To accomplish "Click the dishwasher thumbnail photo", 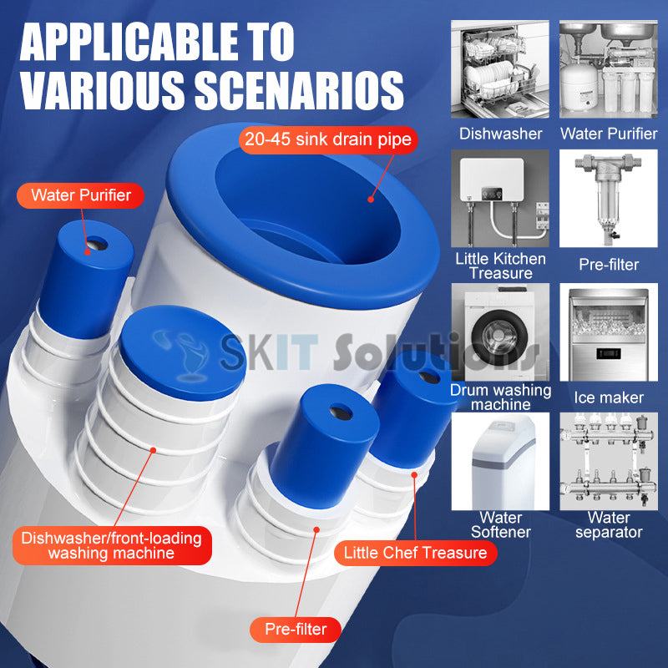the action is (500, 69).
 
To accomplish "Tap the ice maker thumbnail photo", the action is (609, 332).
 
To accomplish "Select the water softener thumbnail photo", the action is (500, 462).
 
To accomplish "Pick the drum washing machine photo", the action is (500, 332).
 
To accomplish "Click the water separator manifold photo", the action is (609, 462).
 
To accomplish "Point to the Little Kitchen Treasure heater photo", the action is (500, 198).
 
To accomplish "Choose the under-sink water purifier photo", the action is (609, 69).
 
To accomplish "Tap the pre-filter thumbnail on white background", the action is (609, 198).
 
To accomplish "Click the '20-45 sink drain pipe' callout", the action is (328, 139).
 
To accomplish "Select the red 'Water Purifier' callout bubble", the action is (80, 195).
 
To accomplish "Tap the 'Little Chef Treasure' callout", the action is (415, 553).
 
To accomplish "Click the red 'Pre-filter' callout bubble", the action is (296, 630).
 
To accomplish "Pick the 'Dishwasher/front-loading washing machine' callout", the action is (112, 546).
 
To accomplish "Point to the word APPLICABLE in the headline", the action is (129, 42).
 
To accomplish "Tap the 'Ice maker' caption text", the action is (609, 398).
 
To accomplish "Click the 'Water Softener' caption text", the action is (500, 525).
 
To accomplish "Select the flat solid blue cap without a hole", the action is (183, 352).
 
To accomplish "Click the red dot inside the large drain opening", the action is (371, 199).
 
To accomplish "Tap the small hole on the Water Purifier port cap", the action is (98, 245).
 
